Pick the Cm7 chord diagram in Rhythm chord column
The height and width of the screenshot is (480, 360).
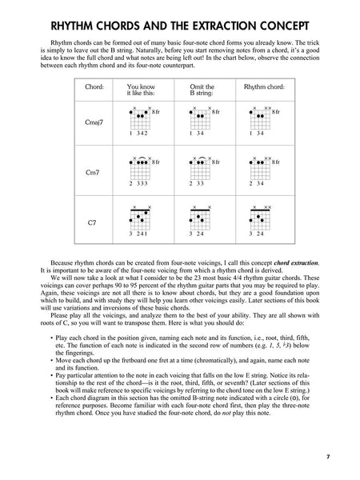coord(259,166)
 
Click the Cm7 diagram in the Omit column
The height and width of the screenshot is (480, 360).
coord(199,166)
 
